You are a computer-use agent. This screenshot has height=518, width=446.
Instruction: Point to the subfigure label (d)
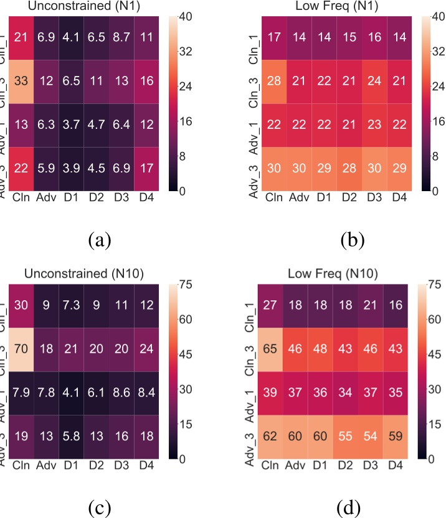tap(347, 504)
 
